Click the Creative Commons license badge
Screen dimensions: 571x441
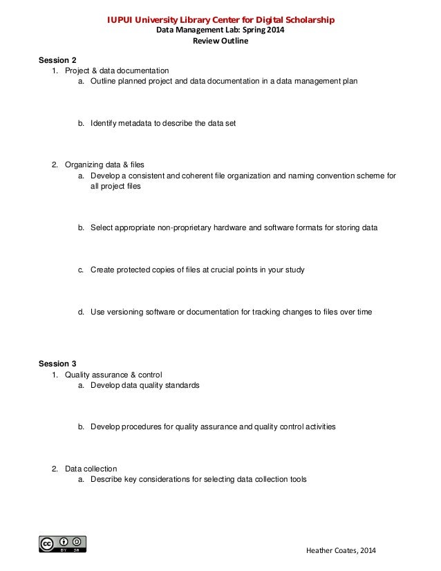coord(63,543)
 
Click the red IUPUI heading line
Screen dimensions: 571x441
coord(220,20)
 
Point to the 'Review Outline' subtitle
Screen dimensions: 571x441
coord(220,41)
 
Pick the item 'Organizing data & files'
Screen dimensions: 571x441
coord(104,165)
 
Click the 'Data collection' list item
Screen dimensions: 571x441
coord(91,469)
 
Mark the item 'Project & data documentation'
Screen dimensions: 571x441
coord(116,71)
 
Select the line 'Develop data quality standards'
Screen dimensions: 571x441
coord(144,385)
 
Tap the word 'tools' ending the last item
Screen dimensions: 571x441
coord(297,479)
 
